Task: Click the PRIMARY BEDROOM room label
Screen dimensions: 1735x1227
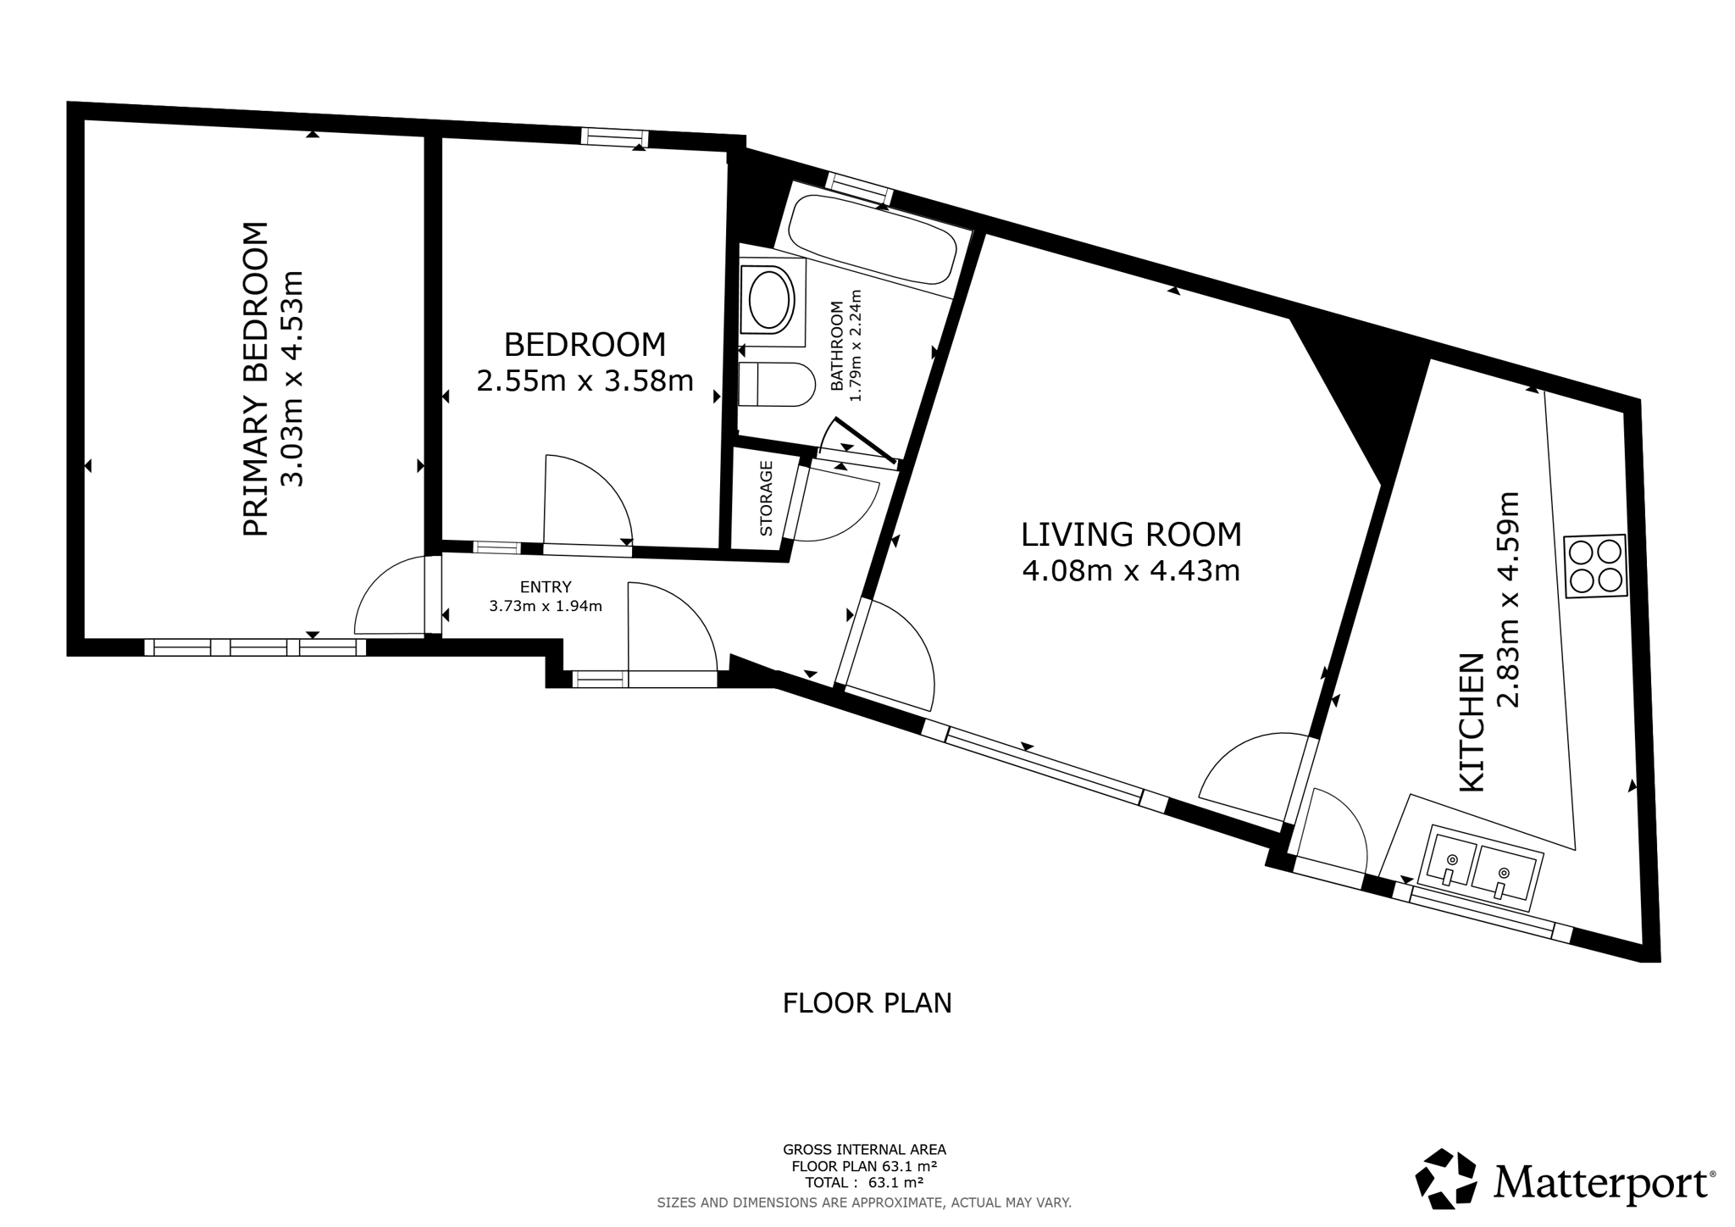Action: (256, 379)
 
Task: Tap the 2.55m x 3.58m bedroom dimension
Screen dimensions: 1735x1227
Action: (585, 381)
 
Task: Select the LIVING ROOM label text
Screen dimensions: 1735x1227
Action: (1131, 535)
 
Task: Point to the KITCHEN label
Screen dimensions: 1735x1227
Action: (1472, 722)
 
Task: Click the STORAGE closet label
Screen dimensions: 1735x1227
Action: (767, 498)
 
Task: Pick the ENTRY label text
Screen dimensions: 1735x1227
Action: (546, 586)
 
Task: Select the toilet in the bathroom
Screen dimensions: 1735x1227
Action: (775, 385)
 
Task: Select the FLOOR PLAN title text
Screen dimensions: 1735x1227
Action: (867, 1003)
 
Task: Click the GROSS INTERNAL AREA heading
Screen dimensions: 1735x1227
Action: (864, 1150)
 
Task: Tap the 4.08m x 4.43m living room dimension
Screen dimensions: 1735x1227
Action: (1131, 571)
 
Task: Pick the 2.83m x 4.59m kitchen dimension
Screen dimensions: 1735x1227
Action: (1510, 599)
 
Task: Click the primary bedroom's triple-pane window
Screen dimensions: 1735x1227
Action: (255, 647)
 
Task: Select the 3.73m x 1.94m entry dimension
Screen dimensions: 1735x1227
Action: (546, 606)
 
